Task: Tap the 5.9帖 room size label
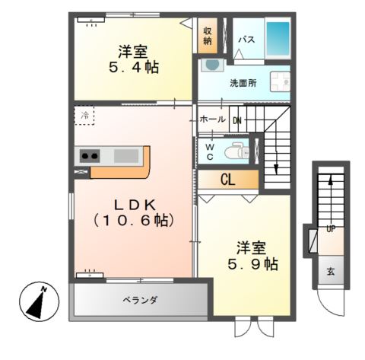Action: (x=250, y=265)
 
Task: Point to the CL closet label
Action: (x=227, y=180)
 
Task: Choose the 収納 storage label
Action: (x=207, y=34)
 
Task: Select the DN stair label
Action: (x=236, y=119)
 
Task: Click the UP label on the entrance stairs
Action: (x=331, y=228)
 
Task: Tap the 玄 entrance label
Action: (x=331, y=271)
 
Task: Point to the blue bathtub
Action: (x=278, y=35)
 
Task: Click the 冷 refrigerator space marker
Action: (x=85, y=116)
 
